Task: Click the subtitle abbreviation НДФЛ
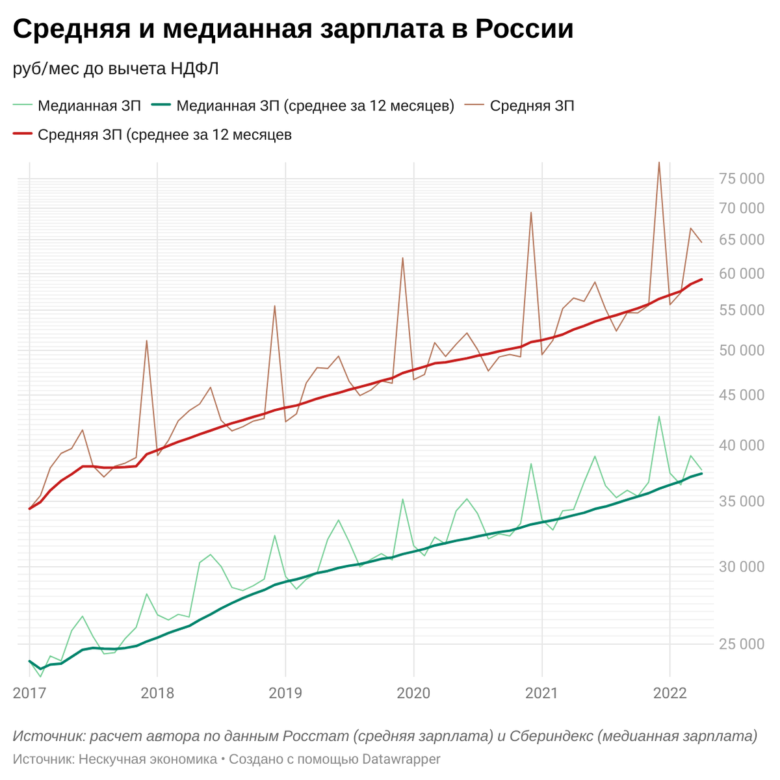tap(195, 69)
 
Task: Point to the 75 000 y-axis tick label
tap(741, 179)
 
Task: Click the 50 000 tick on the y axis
tap(741, 350)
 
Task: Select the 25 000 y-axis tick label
tap(741, 644)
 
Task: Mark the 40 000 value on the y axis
tap(741, 445)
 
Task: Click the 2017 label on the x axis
tap(29, 693)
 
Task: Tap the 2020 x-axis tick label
tap(413, 693)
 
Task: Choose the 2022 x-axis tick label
tap(670, 693)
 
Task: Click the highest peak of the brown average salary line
tap(659, 162)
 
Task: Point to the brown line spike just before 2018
tap(146, 341)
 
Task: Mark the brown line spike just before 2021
tap(531, 213)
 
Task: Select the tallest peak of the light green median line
tap(659, 417)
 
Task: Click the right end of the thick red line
tap(701, 279)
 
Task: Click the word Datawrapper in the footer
tap(401, 759)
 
